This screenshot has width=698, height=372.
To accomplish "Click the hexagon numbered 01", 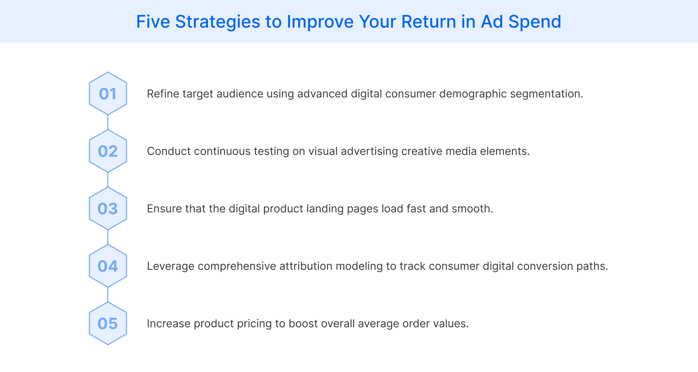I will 108,93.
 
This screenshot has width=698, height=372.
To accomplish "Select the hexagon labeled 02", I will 108,151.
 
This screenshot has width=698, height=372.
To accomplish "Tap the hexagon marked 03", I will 108,208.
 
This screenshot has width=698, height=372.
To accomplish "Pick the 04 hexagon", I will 108,266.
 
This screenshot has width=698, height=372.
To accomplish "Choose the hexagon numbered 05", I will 108,323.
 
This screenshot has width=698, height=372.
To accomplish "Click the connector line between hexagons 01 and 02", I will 108,122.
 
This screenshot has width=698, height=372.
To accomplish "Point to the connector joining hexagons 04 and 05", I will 108,295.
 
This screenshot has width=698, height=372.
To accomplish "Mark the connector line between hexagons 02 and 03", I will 108,180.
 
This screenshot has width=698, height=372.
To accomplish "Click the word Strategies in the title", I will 217,22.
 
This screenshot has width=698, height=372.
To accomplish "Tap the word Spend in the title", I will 534,22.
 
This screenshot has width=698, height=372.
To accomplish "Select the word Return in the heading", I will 428,22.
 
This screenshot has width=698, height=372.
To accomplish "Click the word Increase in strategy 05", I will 168,324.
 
